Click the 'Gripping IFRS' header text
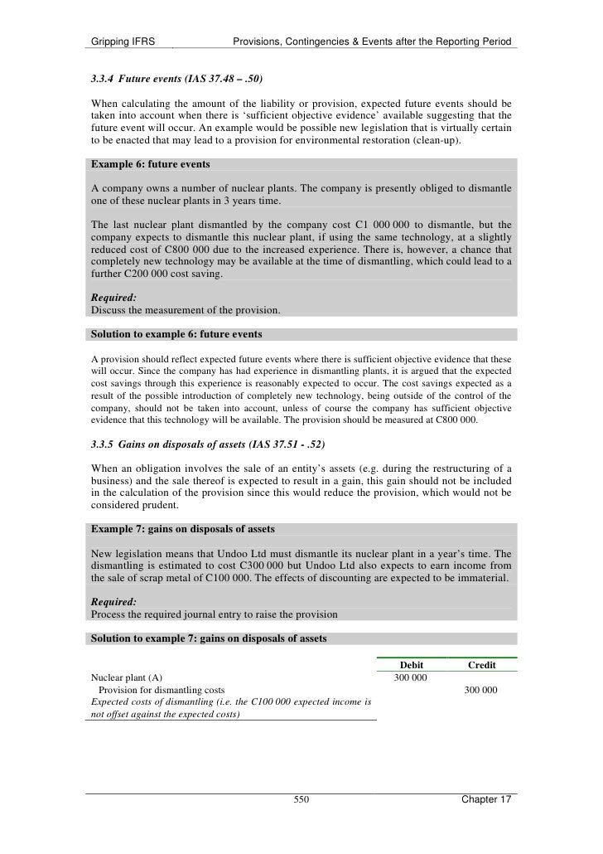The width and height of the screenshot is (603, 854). (x=123, y=41)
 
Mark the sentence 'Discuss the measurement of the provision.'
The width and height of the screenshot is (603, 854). (x=186, y=310)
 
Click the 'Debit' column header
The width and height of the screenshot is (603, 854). (x=411, y=665)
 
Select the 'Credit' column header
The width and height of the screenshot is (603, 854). (x=481, y=665)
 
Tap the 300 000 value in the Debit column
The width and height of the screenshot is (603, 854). (x=410, y=677)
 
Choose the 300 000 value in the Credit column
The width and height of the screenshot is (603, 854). (x=481, y=690)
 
